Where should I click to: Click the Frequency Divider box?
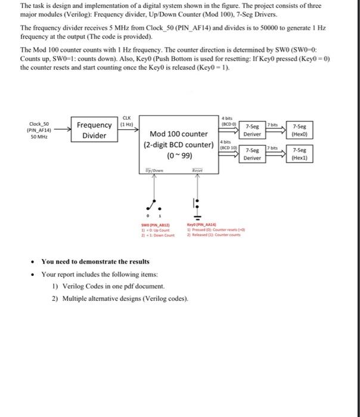(93, 130)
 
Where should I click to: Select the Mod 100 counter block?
(179, 145)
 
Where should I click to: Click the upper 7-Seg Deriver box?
(252, 130)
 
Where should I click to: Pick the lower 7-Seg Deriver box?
(252, 154)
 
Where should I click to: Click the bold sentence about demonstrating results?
(95, 262)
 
